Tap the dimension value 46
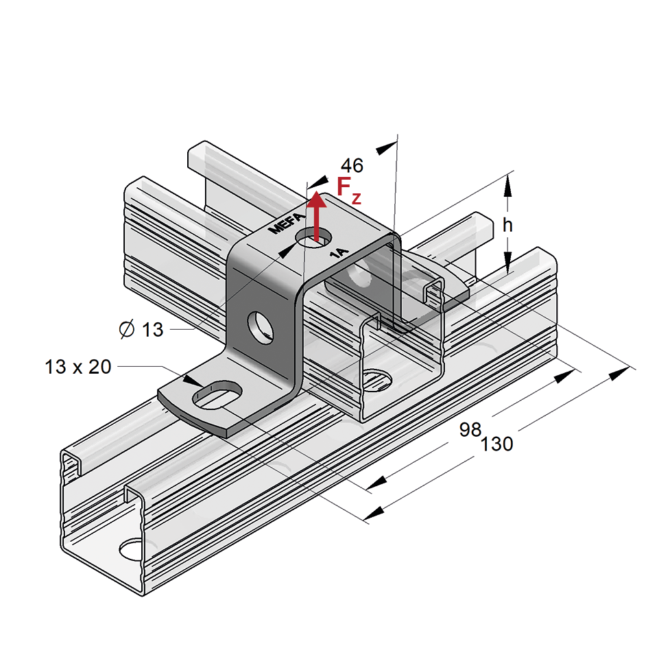click(x=352, y=165)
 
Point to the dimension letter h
click(x=507, y=224)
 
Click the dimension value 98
click(x=470, y=430)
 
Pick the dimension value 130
click(x=496, y=444)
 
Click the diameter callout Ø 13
click(x=142, y=330)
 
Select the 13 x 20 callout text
click(x=78, y=367)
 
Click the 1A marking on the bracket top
click(x=339, y=253)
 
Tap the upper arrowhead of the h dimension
click(x=507, y=184)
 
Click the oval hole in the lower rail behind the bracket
click(x=376, y=376)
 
